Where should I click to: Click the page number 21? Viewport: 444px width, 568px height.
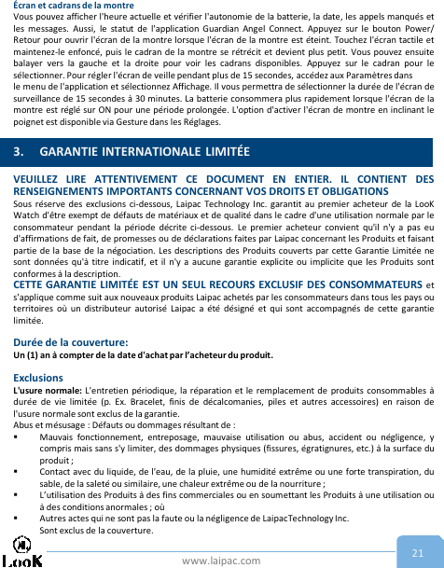(x=418, y=552)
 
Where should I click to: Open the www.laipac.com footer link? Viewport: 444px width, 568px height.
(x=221, y=561)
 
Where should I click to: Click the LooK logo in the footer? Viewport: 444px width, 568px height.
(x=22, y=552)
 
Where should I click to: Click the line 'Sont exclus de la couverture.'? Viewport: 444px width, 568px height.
(x=96, y=529)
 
